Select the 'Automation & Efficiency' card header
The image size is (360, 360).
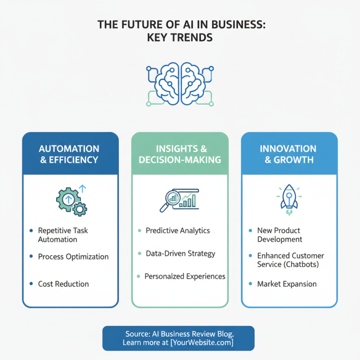[x=69, y=153]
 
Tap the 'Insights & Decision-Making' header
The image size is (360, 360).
[x=180, y=153]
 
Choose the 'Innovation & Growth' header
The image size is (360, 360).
[x=289, y=153]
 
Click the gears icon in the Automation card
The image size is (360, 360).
[x=72, y=200]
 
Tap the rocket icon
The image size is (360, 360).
[x=289, y=198]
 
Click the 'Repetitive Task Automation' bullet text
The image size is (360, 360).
[x=63, y=235]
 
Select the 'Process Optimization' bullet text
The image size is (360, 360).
[x=73, y=256]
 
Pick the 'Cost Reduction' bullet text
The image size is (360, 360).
[x=63, y=284]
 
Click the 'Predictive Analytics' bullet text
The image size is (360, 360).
[x=178, y=230]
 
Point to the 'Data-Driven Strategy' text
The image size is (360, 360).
[x=180, y=253]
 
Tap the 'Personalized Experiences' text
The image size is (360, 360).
[x=185, y=276]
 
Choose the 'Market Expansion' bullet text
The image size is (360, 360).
[x=287, y=284]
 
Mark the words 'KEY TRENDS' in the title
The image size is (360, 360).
[x=180, y=38]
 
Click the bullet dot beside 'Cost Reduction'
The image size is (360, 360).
[x=31, y=284]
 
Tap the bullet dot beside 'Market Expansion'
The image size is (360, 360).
[x=250, y=284]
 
